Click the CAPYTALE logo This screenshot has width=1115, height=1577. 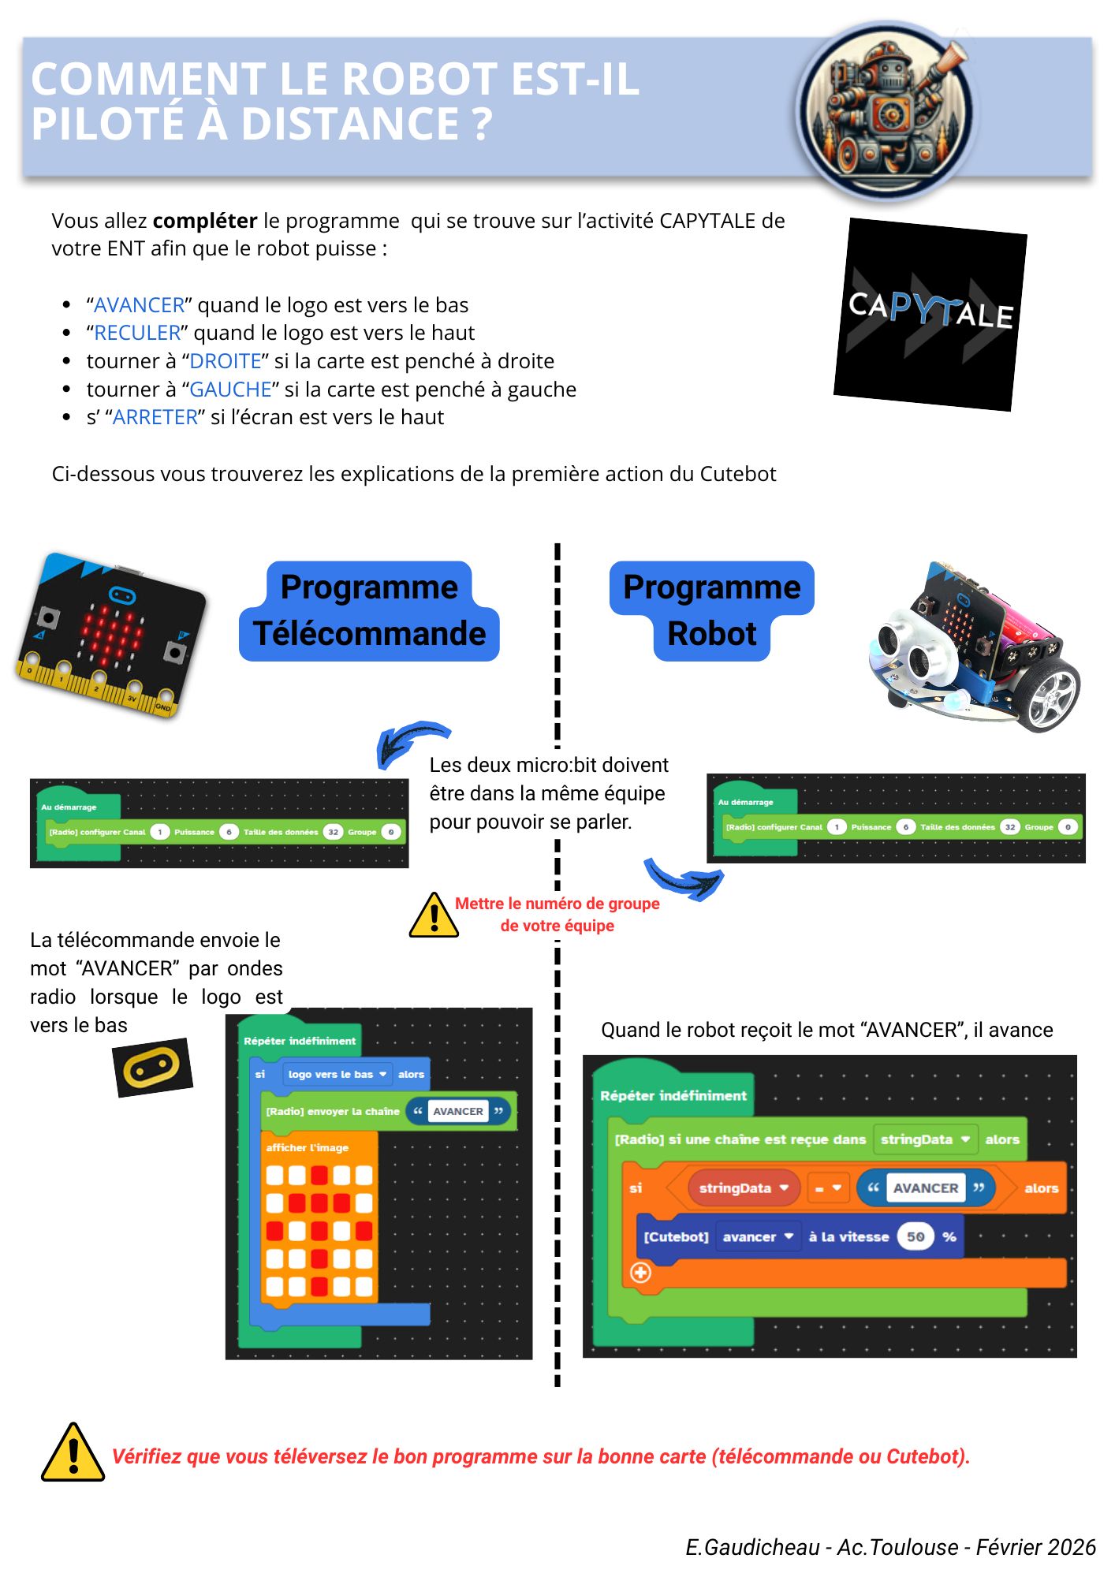pyautogui.click(x=930, y=314)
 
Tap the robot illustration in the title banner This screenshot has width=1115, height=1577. pyautogui.click(x=886, y=110)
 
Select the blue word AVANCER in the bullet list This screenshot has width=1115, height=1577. pyautogui.click(x=139, y=305)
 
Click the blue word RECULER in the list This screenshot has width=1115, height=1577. pyautogui.click(x=137, y=333)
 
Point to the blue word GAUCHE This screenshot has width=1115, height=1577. pyautogui.click(x=230, y=390)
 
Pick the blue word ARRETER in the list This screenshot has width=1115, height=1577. pyautogui.click(x=155, y=417)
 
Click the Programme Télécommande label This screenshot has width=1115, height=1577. pyautogui.click(x=369, y=611)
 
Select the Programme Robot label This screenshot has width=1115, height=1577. pyautogui.click(x=711, y=611)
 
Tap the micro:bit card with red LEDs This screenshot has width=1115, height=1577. pyautogui.click(x=110, y=636)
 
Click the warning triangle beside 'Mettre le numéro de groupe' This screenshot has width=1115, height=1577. pyautogui.click(x=434, y=916)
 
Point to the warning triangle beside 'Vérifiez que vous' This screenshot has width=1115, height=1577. pyautogui.click(x=73, y=1453)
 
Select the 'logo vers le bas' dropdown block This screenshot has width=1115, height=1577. pyautogui.click(x=337, y=1074)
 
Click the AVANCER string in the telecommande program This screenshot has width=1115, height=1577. pyautogui.click(x=457, y=1111)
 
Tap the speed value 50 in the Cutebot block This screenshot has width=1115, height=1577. pyautogui.click(x=915, y=1236)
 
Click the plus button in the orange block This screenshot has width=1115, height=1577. pyautogui.click(x=640, y=1272)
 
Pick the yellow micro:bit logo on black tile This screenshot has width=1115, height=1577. pyautogui.click(x=152, y=1068)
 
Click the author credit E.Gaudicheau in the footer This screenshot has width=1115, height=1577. pyautogui.click(x=752, y=1547)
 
